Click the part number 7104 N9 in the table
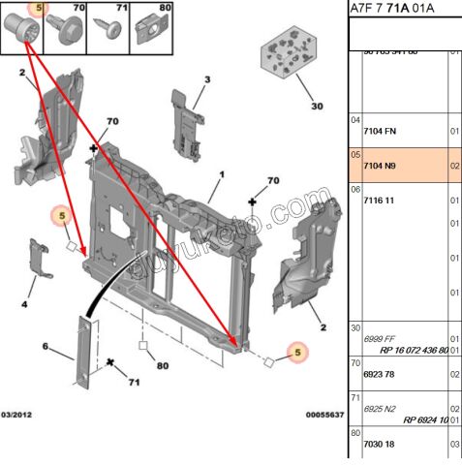(x=378, y=166)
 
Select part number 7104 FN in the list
(x=379, y=131)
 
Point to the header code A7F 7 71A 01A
(x=392, y=10)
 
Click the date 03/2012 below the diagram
(x=19, y=414)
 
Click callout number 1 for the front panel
(x=221, y=175)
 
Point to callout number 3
(x=206, y=79)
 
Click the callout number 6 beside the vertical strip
(x=45, y=346)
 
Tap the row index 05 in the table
(x=355, y=154)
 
